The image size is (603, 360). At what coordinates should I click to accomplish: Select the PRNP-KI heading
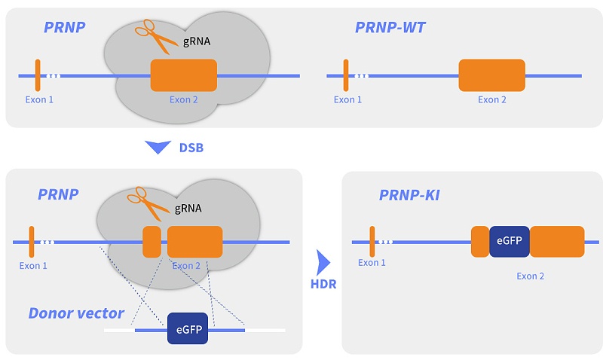click(409, 196)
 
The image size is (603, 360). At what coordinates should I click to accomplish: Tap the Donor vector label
click(76, 313)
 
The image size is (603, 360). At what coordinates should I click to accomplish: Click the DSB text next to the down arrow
click(191, 148)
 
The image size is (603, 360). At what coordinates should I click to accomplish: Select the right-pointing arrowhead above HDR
click(323, 261)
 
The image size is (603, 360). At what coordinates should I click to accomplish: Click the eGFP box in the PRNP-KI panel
click(510, 241)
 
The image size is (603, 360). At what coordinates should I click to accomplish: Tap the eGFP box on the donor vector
click(188, 329)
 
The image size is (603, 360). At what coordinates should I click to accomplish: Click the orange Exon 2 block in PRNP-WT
click(491, 76)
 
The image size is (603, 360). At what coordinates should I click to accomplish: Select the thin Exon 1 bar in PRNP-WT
click(346, 75)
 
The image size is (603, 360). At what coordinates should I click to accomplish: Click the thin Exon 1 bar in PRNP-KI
click(372, 242)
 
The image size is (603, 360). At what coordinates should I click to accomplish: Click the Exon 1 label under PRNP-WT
click(348, 99)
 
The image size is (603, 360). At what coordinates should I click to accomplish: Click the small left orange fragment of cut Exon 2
click(152, 242)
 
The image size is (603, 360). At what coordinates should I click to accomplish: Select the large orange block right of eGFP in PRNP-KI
click(557, 241)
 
